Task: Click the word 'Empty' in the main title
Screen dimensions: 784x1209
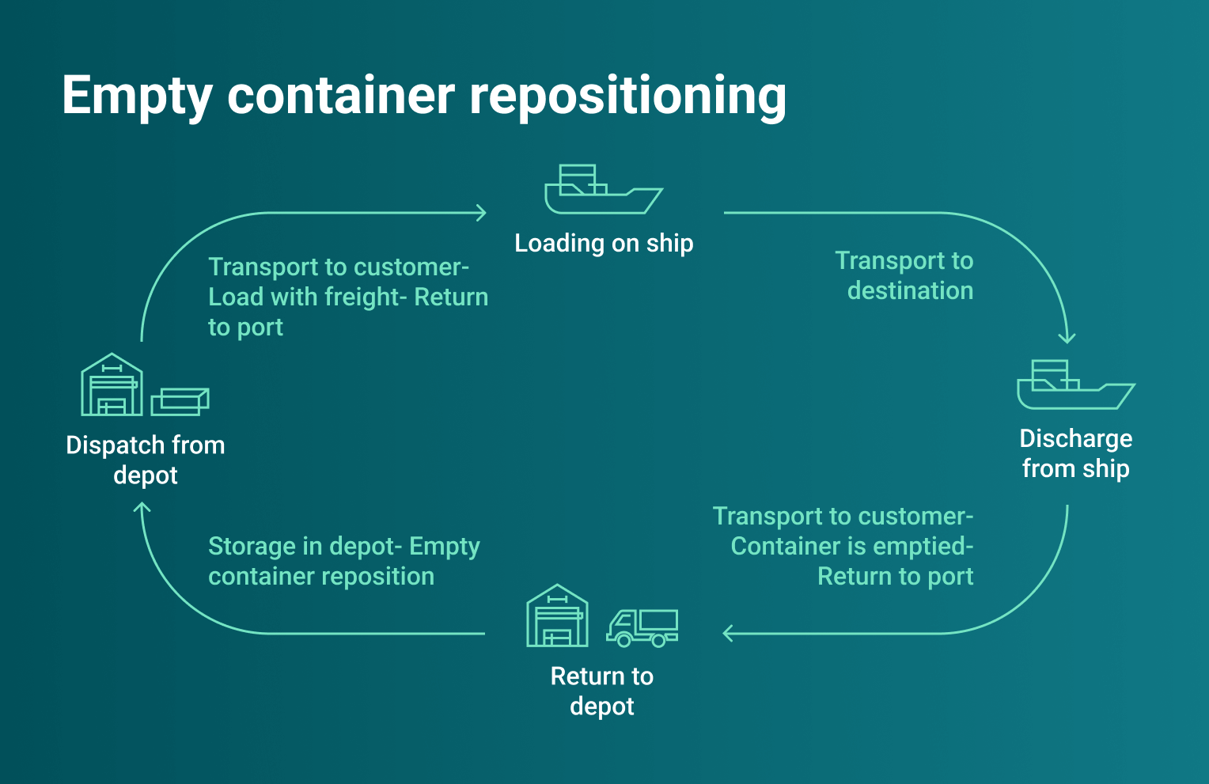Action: (x=137, y=97)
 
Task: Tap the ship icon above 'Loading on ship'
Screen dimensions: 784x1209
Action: (x=603, y=190)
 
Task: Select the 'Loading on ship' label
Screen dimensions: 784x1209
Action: (x=604, y=243)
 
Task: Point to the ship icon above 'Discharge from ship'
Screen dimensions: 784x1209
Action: (x=1075, y=385)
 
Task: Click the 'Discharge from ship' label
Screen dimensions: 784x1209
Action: (x=1075, y=453)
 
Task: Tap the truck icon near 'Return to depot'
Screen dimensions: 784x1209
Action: (x=642, y=627)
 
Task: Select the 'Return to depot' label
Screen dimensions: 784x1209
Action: (x=601, y=691)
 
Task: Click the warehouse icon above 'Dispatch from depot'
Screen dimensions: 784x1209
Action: (x=112, y=385)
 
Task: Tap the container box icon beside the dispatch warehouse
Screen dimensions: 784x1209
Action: (x=180, y=401)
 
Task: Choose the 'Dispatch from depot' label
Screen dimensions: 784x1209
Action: (x=146, y=460)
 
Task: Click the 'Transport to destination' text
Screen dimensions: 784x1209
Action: (x=905, y=275)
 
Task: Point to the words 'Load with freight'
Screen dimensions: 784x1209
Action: (x=305, y=297)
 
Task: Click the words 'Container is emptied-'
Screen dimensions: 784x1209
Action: (x=852, y=546)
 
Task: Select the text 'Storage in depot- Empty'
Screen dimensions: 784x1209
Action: (x=343, y=546)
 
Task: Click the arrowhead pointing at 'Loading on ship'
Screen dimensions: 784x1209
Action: (x=481, y=212)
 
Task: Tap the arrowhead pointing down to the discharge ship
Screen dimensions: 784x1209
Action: (x=1067, y=338)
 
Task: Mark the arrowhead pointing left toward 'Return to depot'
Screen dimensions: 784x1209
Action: (x=728, y=633)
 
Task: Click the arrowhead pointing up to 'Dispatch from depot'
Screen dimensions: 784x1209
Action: (x=142, y=508)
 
